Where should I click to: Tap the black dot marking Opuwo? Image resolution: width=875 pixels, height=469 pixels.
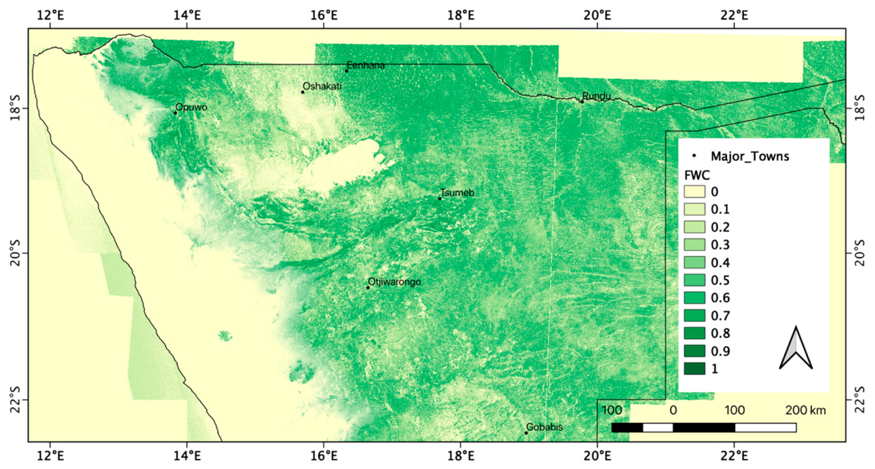(x=175, y=113)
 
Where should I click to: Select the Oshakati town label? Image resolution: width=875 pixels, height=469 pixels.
(x=322, y=86)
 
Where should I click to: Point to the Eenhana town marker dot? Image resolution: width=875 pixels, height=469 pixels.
(x=347, y=71)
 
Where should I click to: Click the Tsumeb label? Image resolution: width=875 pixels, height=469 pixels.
(x=457, y=193)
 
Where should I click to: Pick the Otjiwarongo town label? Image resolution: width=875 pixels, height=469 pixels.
(x=394, y=282)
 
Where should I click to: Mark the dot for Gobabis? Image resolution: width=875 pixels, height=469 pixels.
(x=526, y=433)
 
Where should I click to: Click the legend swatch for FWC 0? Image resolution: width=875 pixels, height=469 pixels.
(x=694, y=192)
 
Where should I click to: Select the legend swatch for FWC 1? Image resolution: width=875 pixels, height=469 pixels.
(x=694, y=368)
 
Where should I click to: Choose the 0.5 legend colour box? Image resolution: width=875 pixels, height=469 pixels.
(x=694, y=280)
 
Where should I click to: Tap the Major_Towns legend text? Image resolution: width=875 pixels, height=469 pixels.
(x=750, y=156)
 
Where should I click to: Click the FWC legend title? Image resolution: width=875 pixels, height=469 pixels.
(x=697, y=175)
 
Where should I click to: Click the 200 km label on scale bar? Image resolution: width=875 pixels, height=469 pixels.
(x=805, y=410)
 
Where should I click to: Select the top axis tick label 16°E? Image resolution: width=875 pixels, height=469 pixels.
(x=324, y=15)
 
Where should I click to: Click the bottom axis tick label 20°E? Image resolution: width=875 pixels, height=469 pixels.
(x=598, y=456)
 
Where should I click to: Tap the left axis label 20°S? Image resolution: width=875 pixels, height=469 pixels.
(x=15, y=253)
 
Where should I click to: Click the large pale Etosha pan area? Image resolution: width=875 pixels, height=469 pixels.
(x=347, y=162)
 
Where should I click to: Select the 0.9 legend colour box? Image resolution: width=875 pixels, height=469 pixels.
(x=694, y=351)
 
